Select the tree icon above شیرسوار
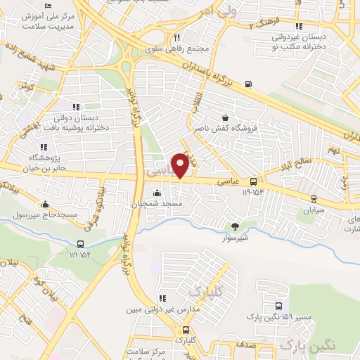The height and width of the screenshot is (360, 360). [x=236, y=226]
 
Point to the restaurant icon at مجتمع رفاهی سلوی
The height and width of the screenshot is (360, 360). [x=177, y=38]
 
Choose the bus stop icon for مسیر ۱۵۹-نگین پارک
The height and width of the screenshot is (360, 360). [x=279, y=307]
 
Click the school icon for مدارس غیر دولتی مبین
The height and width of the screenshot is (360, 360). [x=162, y=298]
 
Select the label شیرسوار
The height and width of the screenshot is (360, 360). [x=236, y=236]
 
